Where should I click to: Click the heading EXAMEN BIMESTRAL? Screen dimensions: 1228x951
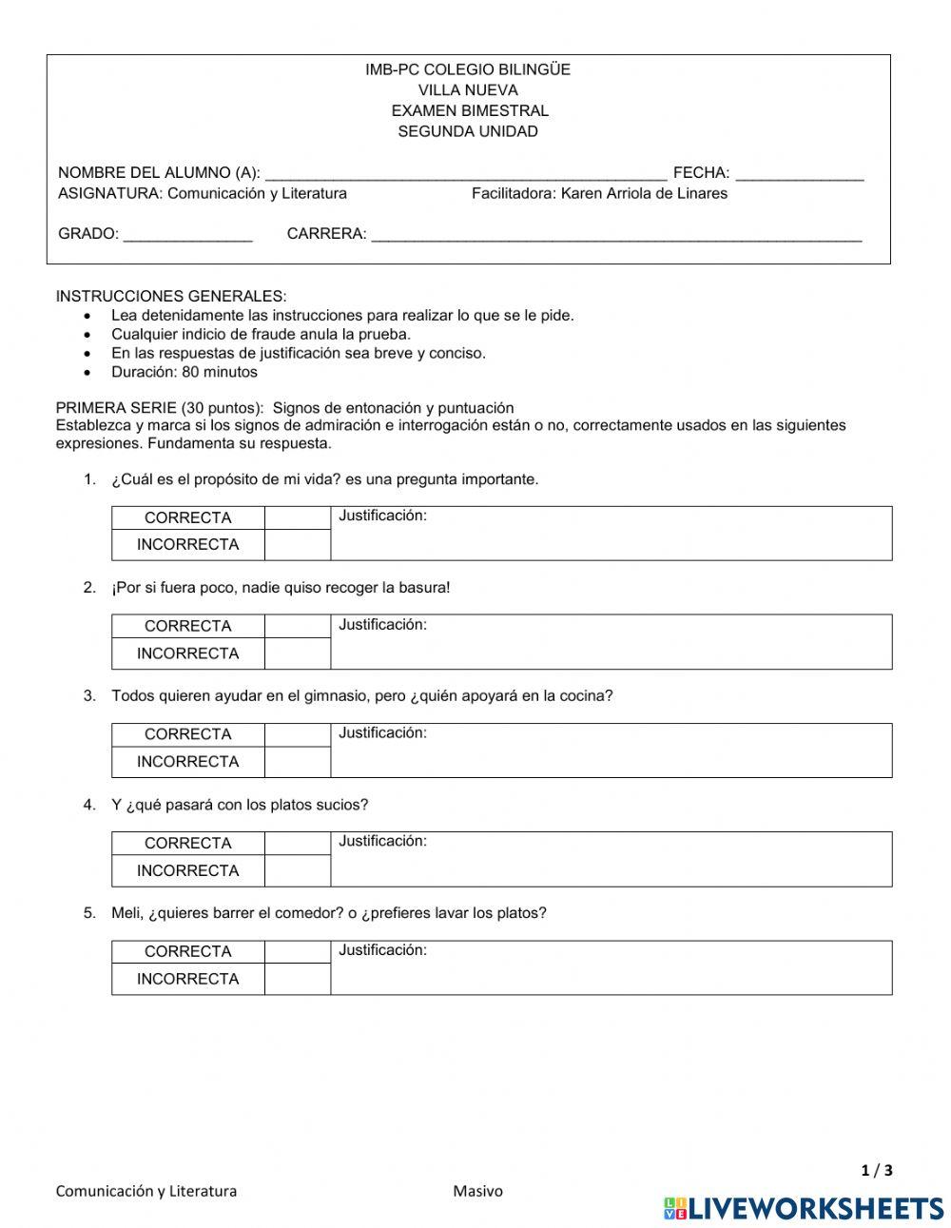(469, 110)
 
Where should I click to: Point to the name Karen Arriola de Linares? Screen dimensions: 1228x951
(644, 193)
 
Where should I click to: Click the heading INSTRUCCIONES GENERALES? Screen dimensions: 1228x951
(170, 296)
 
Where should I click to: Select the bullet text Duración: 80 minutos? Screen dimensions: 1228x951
(184, 372)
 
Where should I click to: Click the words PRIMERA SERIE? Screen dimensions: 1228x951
(116, 408)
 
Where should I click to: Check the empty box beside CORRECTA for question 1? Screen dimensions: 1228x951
(297, 518)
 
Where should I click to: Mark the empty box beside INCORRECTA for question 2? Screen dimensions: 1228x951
(297, 653)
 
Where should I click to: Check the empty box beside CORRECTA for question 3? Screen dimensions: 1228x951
(297, 734)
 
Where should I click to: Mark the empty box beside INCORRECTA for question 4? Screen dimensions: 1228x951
(297, 870)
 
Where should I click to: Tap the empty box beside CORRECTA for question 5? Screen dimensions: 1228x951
(297, 951)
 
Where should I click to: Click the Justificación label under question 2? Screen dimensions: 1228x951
(382, 625)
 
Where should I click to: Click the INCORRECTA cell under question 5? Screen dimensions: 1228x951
(187, 979)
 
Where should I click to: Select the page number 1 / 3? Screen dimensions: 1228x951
(877, 1170)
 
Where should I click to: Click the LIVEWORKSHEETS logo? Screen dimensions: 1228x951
(804, 1208)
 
